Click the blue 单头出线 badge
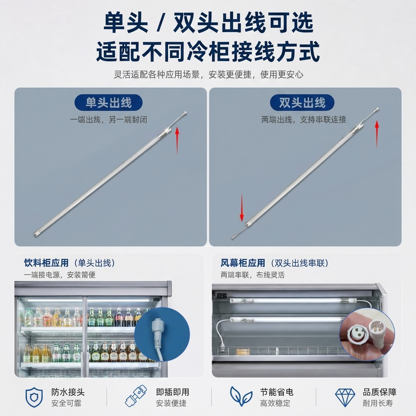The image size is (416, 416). [108, 102]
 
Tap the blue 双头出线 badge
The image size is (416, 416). [302, 102]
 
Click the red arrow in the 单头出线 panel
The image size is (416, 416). [177, 141]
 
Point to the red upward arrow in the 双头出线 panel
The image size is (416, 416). [377, 134]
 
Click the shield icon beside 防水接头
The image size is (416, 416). [34, 397]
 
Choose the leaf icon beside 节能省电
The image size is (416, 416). [241, 396]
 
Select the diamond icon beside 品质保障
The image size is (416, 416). [345, 398]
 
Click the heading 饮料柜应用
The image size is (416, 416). [46, 263]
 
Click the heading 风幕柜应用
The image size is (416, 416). [243, 263]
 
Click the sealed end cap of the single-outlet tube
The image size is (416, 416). [36, 234]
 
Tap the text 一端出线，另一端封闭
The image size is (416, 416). [108, 120]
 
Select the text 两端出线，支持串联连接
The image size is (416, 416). [304, 120]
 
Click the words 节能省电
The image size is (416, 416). [277, 392]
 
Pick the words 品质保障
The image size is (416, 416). [379, 392]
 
